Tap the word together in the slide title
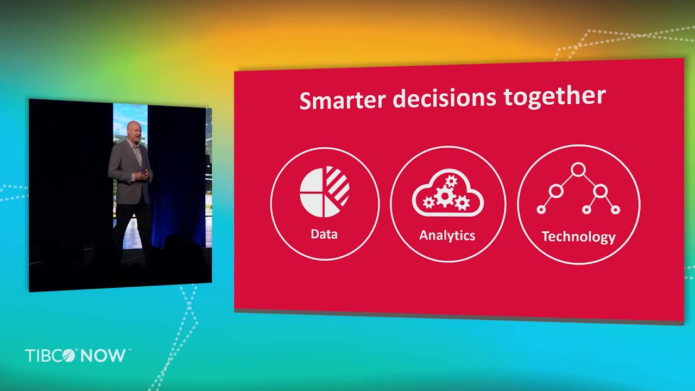[554, 97]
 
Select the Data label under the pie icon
[324, 234]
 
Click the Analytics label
[447, 235]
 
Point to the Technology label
[578, 237]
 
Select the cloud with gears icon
[447, 194]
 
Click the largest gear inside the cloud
[445, 196]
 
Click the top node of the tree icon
[578, 170]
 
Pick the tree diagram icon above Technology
[578, 190]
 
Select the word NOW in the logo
[103, 356]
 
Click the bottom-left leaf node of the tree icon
[541, 210]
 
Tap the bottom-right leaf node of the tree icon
[615, 210]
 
